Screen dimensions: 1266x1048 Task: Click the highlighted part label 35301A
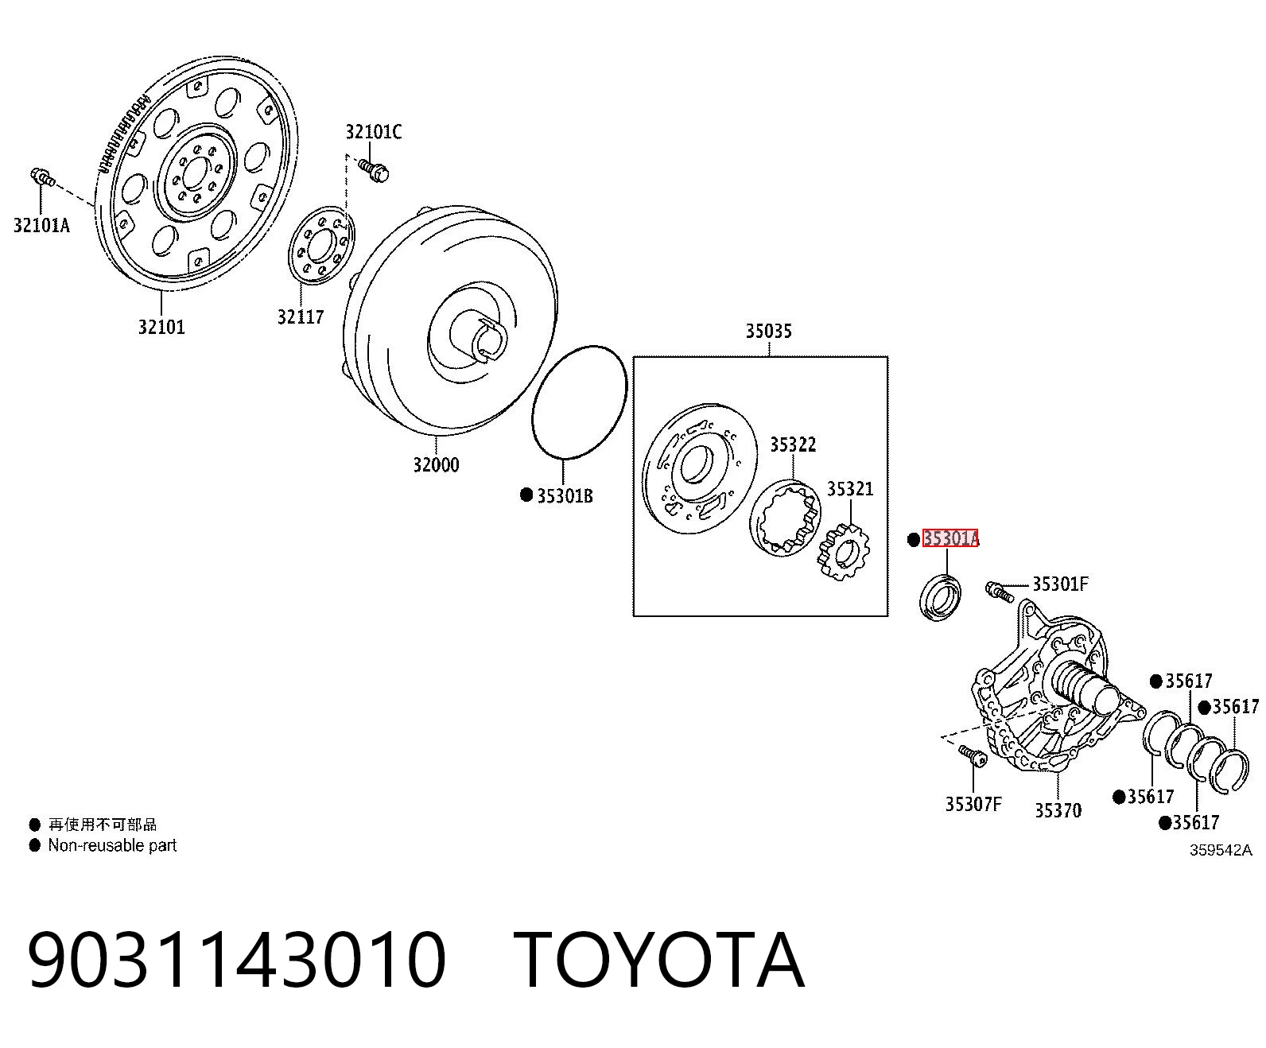tap(950, 538)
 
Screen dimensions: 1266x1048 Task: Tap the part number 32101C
tap(374, 132)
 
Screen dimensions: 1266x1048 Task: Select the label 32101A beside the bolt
tap(42, 226)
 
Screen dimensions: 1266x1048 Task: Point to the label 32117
tap(301, 316)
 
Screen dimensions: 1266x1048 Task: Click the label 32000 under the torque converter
tap(436, 464)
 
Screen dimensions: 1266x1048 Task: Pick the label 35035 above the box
tap(769, 331)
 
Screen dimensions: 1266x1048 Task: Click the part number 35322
tap(793, 444)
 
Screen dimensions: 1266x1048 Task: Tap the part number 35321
tap(850, 489)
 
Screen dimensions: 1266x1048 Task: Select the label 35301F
tap(1061, 584)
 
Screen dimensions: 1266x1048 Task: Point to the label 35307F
tap(973, 804)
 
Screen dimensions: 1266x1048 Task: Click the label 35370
tap(1058, 810)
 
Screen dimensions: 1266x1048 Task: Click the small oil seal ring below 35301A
tap(941, 596)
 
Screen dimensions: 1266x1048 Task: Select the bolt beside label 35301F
tap(1000, 592)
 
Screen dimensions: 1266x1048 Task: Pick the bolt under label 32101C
tap(373, 170)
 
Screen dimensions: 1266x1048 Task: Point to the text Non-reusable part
tap(112, 845)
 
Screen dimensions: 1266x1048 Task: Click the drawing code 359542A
tap(1221, 850)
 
